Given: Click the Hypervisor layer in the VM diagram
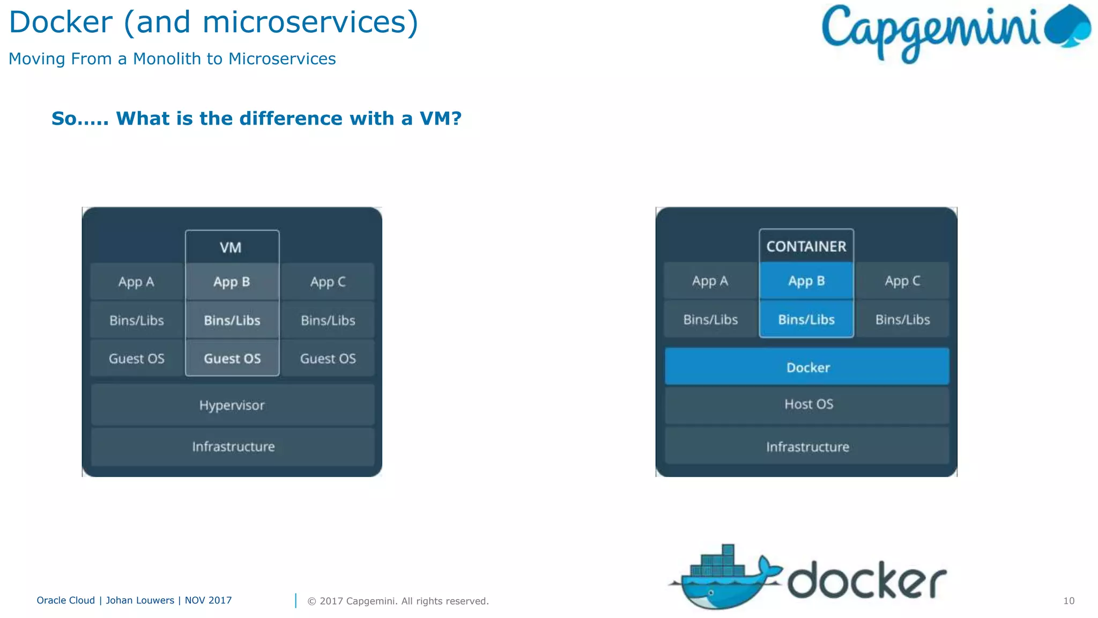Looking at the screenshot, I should [232, 405].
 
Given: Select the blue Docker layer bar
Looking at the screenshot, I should [807, 367].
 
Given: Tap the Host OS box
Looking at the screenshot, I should [807, 404].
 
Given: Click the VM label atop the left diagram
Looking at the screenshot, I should [231, 247].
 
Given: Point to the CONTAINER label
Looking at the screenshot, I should [806, 246].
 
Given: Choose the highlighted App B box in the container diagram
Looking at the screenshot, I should [806, 281].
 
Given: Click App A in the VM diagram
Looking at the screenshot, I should [136, 282].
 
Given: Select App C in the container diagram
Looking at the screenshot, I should [902, 281].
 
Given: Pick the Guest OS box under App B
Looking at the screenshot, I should [232, 358].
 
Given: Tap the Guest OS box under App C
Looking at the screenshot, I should [328, 358].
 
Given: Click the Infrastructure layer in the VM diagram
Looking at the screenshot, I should [233, 446].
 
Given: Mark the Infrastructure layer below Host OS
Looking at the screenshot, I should [807, 447].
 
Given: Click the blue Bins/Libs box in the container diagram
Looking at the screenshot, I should [806, 319].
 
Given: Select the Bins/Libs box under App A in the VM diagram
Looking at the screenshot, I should [136, 320].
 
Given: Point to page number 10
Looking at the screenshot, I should [1069, 601].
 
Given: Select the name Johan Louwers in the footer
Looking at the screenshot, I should [140, 600].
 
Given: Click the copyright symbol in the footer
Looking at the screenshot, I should [311, 601].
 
